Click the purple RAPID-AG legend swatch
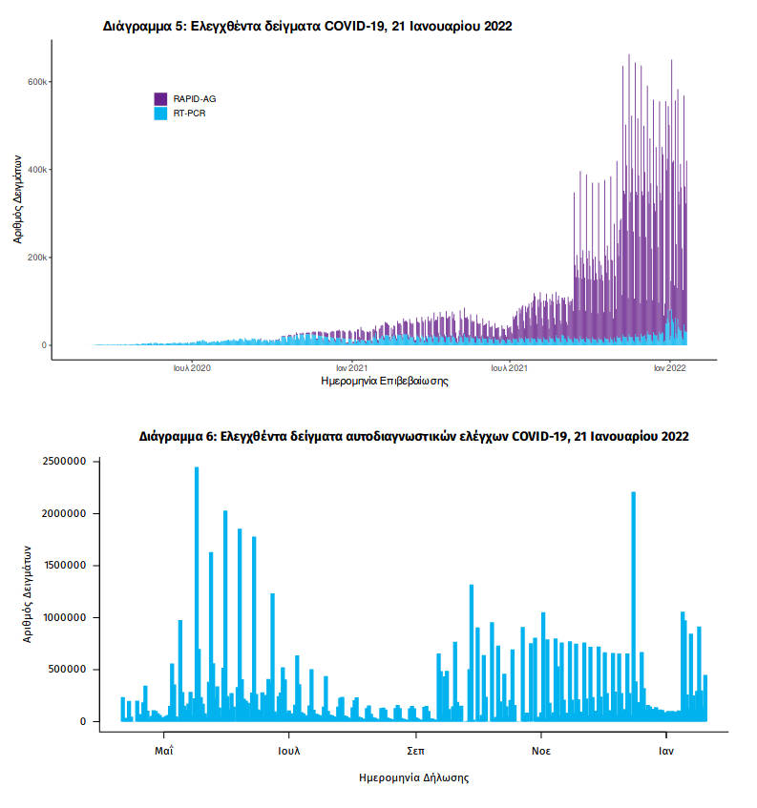[161, 98]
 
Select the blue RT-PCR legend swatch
[161, 113]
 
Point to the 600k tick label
[37, 82]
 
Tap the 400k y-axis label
[37, 170]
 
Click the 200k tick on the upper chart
[37, 258]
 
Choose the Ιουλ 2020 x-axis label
[192, 366]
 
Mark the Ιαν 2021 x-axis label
[352, 366]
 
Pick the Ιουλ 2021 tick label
[511, 366]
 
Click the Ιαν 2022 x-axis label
[669, 366]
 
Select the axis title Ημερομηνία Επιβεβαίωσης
[387, 381]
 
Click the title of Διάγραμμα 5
[307, 27]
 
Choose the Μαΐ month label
[163, 751]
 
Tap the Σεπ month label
[415, 751]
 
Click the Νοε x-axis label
[540, 751]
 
